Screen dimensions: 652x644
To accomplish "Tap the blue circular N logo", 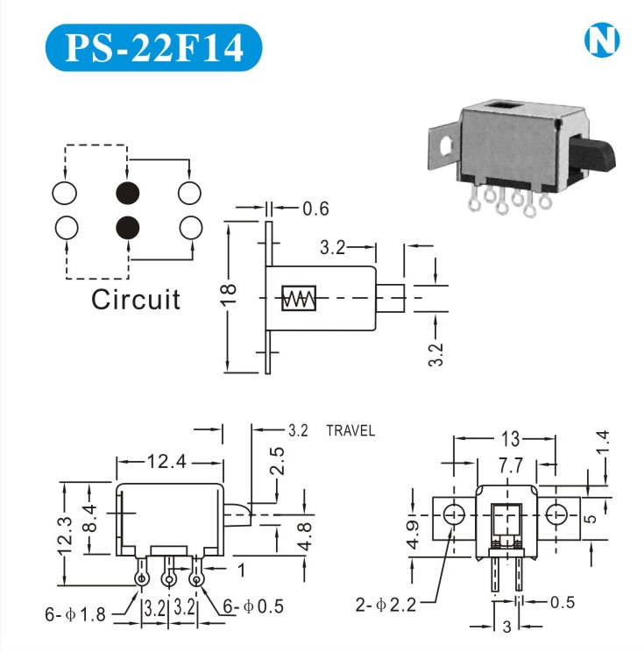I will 601,40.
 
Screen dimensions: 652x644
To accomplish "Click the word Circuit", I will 136,300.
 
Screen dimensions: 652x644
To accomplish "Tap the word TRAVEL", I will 350,430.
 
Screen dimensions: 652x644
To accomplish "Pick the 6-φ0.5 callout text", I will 255,606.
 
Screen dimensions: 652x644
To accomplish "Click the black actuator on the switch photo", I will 597,157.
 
